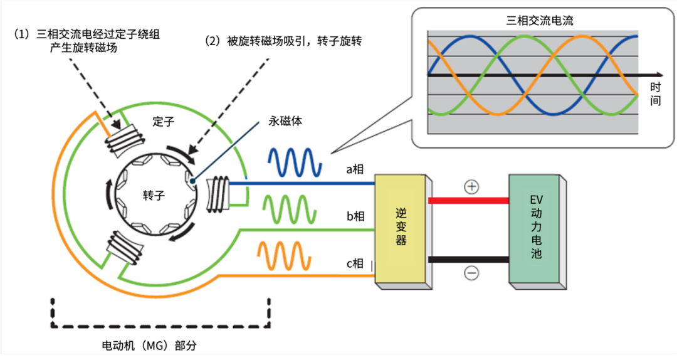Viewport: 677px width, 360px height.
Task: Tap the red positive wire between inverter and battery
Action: tap(468, 201)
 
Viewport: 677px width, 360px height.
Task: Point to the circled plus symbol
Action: tap(471, 186)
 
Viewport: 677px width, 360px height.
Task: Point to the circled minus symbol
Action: tap(471, 273)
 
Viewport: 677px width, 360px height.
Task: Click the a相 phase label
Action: tap(355, 169)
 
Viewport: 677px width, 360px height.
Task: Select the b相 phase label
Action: tap(355, 216)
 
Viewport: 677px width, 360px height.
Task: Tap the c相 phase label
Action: tap(355, 263)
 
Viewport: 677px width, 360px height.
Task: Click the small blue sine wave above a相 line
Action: tap(295, 162)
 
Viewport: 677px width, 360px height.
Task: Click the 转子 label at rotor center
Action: tap(153, 196)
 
